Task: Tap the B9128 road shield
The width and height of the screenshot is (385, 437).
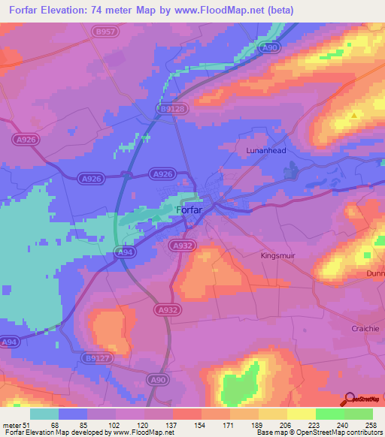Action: click(x=172, y=109)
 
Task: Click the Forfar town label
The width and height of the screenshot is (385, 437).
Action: click(x=189, y=210)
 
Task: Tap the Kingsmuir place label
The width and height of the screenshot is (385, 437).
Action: click(x=278, y=255)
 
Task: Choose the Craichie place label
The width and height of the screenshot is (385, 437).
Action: click(x=366, y=329)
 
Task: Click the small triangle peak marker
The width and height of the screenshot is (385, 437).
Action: click(x=354, y=116)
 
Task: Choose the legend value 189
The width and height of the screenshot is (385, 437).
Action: click(x=258, y=424)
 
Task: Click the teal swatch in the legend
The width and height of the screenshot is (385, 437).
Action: click(x=44, y=414)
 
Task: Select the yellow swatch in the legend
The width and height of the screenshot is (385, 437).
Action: click(x=301, y=414)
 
